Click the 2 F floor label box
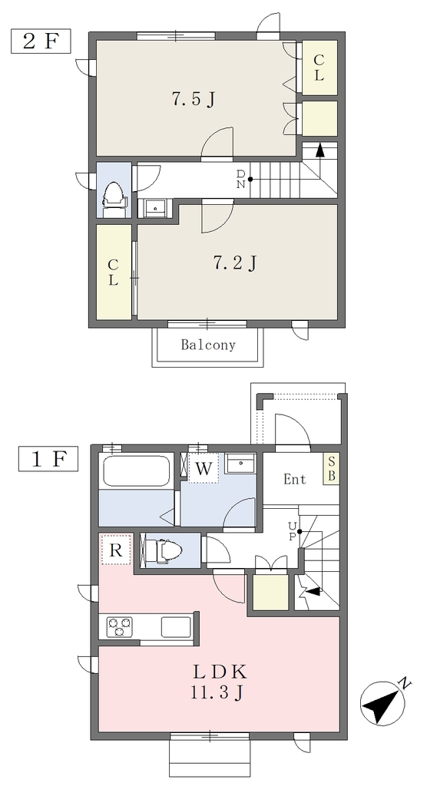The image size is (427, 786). [41, 41]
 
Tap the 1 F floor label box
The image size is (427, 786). [48, 459]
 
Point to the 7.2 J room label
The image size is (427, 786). [235, 262]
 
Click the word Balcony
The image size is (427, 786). [208, 345]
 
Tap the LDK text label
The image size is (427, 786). [219, 671]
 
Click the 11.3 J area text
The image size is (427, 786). [217, 693]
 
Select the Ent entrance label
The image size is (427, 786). [295, 479]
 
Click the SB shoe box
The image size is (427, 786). [331, 469]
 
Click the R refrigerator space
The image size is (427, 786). [116, 550]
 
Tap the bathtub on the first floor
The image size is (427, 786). [135, 471]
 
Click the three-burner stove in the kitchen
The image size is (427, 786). [120, 626]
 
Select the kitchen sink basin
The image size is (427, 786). [176, 626]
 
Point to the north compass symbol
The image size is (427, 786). [383, 703]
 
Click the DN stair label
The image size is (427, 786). [241, 179]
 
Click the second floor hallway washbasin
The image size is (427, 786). [155, 207]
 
